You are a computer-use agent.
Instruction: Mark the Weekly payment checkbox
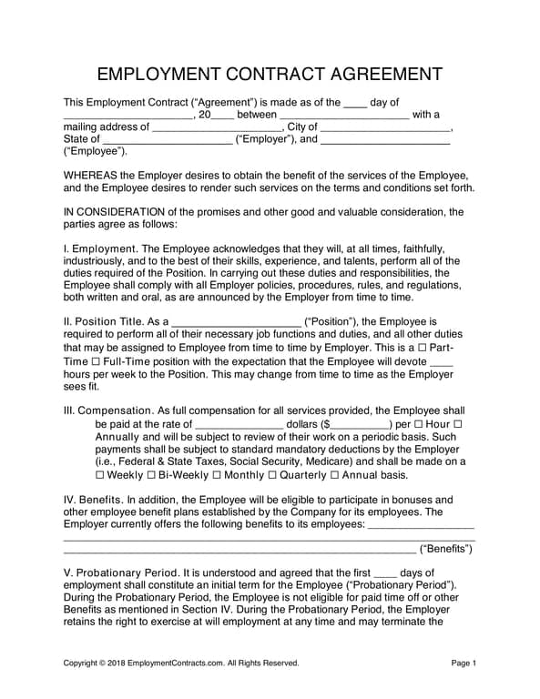point(100,475)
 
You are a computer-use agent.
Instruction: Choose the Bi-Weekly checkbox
point(151,475)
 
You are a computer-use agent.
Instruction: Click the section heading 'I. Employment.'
point(100,248)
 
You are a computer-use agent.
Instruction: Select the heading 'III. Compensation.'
point(109,410)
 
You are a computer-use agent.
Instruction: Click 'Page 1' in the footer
point(464,664)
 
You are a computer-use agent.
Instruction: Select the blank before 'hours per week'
point(440,363)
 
